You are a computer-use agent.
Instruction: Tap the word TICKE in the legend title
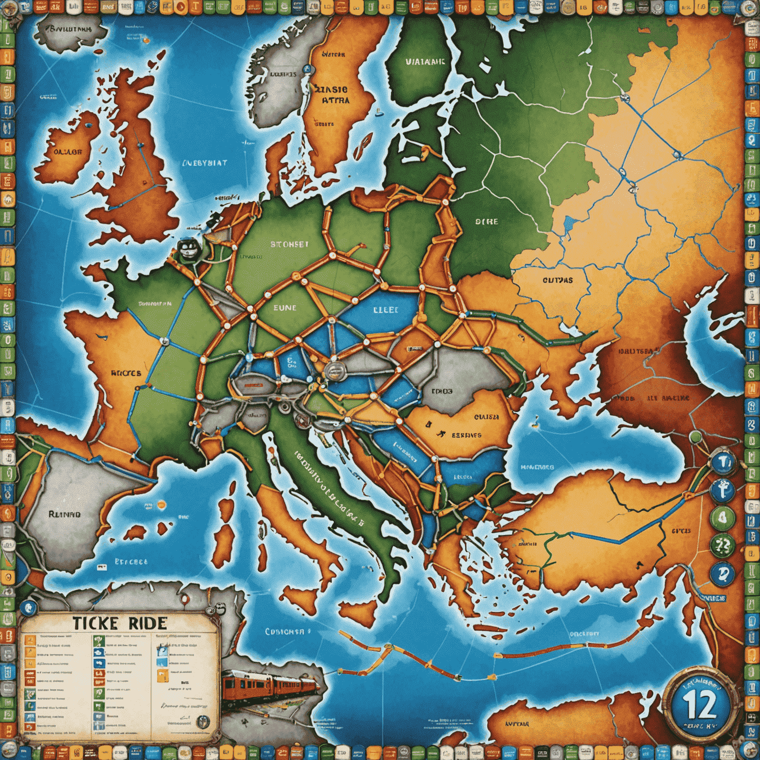pos(95,623)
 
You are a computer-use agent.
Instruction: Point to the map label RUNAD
pos(64,514)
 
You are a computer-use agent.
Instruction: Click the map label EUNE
pos(285,308)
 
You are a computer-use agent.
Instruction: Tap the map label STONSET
pos(289,244)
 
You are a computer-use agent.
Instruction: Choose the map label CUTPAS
pos(558,280)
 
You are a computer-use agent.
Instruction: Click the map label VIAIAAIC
pos(425,62)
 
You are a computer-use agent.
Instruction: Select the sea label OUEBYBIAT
pos(204,163)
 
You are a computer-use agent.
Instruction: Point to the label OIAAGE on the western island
pos(67,152)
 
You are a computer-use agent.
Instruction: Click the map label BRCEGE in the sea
pos(131,562)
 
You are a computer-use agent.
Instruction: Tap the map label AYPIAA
pos(517,724)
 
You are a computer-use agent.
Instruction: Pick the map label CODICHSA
pos(285,632)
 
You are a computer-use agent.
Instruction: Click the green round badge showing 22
pos(722,546)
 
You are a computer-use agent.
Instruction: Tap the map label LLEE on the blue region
pos(385,310)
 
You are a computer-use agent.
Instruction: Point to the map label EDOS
pos(442,391)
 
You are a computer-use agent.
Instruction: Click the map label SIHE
pos(486,222)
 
